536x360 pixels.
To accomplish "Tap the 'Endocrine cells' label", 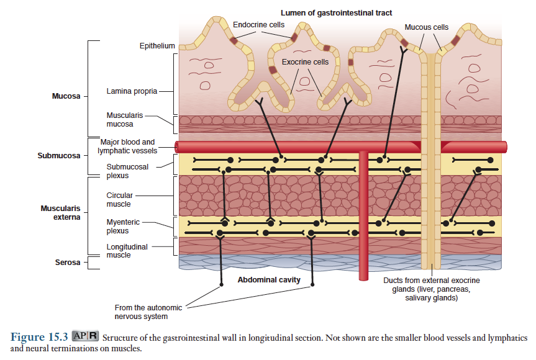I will (259, 24).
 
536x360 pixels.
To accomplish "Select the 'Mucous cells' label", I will (426, 27).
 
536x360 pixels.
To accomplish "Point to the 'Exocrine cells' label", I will (305, 62).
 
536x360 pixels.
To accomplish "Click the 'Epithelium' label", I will (157, 47).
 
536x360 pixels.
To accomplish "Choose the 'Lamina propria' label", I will (132, 91).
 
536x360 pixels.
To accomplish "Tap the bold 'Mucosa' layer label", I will (66, 96).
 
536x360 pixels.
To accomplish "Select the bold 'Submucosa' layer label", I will (59, 155).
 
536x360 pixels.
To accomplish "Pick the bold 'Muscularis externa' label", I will (60, 213).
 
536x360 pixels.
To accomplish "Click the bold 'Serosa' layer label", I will (68, 263).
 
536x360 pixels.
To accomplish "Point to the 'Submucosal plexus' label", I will (127, 171).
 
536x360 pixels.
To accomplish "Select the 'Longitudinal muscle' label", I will (127, 251).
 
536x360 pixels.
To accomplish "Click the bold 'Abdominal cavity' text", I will (269, 280).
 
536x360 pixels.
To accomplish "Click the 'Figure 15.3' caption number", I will (39, 337).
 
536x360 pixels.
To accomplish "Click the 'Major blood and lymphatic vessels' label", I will (127, 146).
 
